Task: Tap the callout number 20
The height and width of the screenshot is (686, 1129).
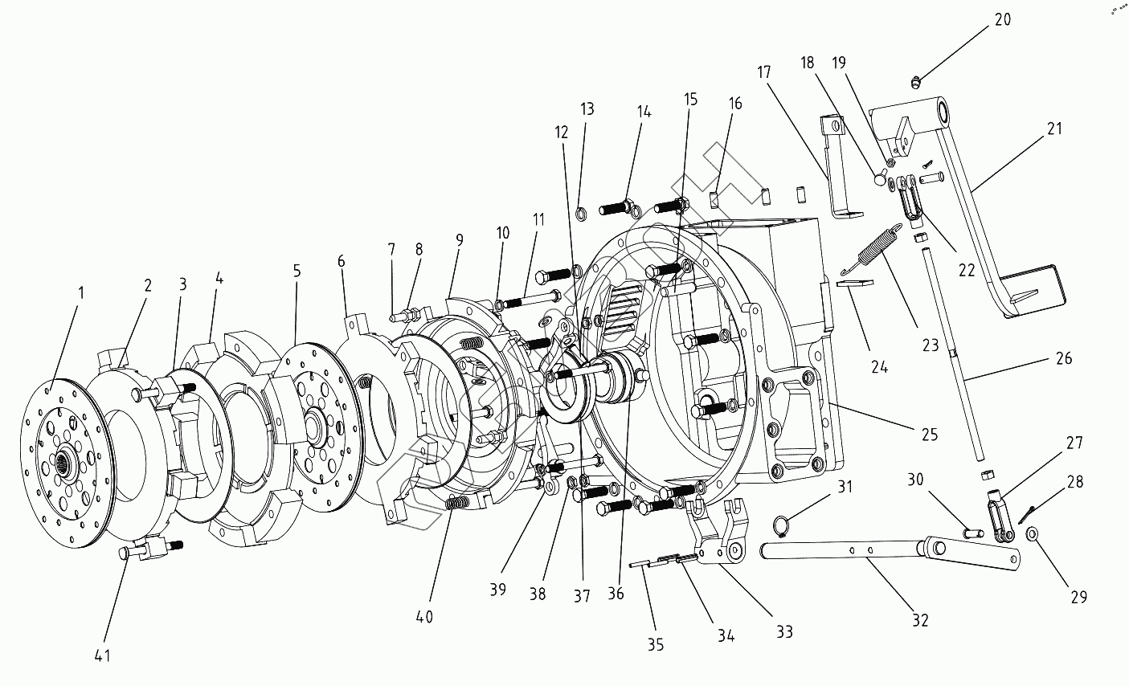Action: click(x=1002, y=19)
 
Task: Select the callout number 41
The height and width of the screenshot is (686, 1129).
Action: click(x=102, y=655)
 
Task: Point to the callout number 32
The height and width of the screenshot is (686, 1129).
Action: click(x=920, y=620)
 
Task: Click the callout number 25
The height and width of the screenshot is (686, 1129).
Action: click(x=929, y=435)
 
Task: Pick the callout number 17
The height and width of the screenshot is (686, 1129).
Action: click(x=763, y=72)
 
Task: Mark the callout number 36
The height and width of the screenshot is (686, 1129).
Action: click(x=616, y=594)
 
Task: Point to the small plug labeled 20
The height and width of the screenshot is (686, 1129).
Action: click(x=915, y=80)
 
